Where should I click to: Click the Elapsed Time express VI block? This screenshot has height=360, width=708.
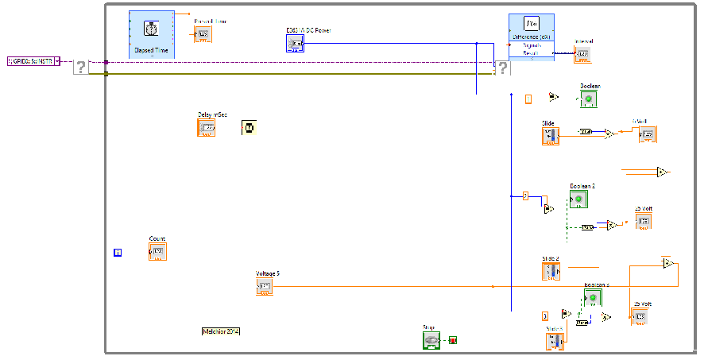pos(151,35)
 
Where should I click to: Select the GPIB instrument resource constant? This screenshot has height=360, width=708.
pos(33,60)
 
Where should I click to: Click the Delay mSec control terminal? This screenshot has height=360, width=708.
pos(206,127)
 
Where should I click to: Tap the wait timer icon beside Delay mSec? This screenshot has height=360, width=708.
pos(249,127)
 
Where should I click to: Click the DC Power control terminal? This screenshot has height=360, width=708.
pos(295,43)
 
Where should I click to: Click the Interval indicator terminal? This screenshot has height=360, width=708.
pos(582,54)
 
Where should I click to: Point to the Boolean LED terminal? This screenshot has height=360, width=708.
pos(588,99)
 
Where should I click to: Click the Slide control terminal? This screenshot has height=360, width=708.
pos(551,136)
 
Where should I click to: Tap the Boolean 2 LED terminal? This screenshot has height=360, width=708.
pos(578,199)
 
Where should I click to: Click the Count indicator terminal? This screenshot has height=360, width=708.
pos(157,252)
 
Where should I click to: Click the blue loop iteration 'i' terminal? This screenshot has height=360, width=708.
pos(118,253)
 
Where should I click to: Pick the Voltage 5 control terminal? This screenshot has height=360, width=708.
pos(265,287)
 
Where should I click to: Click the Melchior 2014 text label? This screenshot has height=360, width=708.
pos(221,331)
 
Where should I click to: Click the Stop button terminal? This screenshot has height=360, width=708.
pos(431,340)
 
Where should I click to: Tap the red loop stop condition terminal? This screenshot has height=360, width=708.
pos(453,340)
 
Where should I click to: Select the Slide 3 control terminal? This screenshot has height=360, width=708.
pos(555,342)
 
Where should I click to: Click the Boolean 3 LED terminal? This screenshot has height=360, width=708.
pos(592,298)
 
